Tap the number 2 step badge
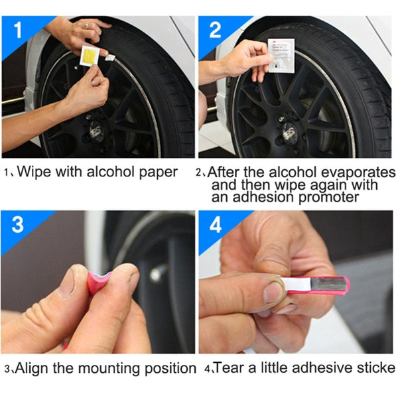point(215,30)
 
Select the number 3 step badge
point(17,224)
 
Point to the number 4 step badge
point(215,224)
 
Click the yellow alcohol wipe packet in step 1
point(89,56)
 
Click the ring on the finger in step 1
point(86,25)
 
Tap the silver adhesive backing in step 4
point(318,287)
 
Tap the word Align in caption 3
point(33,367)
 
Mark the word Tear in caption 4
point(228,367)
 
